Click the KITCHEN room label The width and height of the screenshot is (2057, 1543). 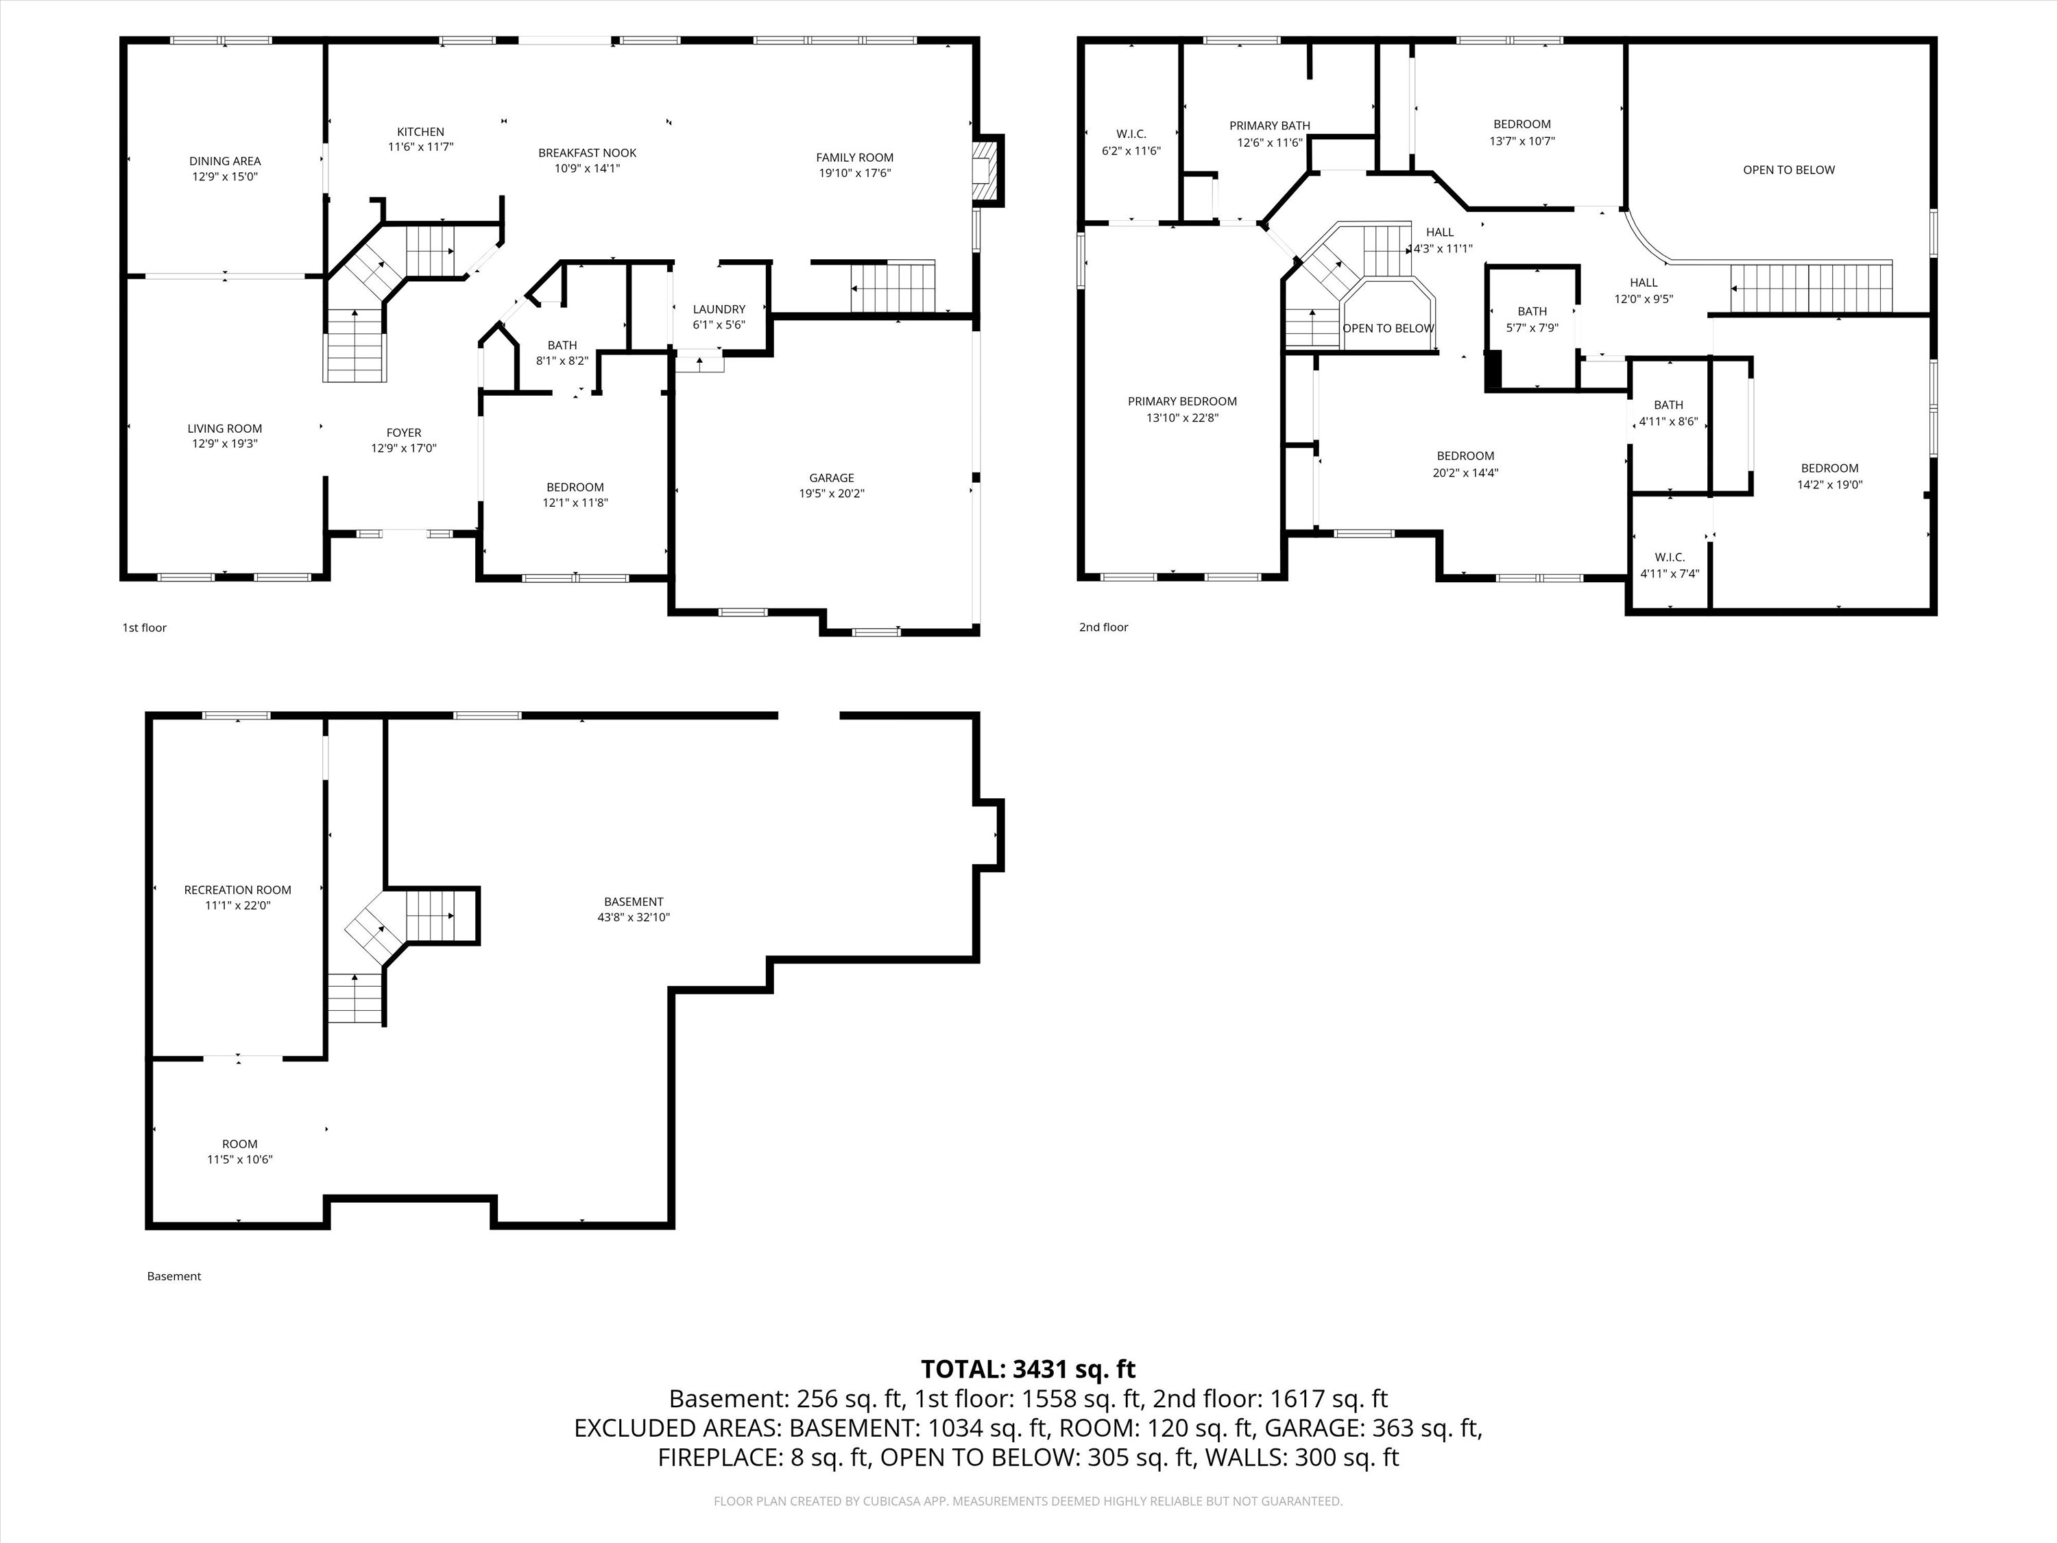[x=420, y=132]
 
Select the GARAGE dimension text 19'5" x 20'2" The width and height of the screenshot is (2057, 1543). [x=831, y=494]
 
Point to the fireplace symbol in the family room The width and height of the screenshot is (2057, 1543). [x=987, y=169]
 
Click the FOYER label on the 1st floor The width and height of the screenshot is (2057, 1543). [x=404, y=433]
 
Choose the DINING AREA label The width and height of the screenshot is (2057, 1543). [x=225, y=161]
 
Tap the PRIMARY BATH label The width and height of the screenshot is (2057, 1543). [x=1269, y=126]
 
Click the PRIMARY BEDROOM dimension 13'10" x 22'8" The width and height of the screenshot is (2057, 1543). [x=1182, y=418]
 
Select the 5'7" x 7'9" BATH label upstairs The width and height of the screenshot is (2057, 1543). [x=1532, y=311]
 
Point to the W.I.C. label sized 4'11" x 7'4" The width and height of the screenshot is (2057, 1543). [x=1669, y=557]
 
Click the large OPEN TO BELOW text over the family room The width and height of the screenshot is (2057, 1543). [x=1788, y=170]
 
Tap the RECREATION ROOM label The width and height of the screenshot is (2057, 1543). [x=237, y=890]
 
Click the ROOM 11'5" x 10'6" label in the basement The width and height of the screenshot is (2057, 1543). [x=239, y=1144]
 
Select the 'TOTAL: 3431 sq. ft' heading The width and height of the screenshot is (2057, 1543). [x=1028, y=1369]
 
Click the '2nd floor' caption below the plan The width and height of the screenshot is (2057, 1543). [x=1103, y=627]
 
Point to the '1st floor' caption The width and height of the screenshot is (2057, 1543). [x=144, y=627]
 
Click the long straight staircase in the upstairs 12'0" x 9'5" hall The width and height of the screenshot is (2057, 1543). [x=1811, y=288]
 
